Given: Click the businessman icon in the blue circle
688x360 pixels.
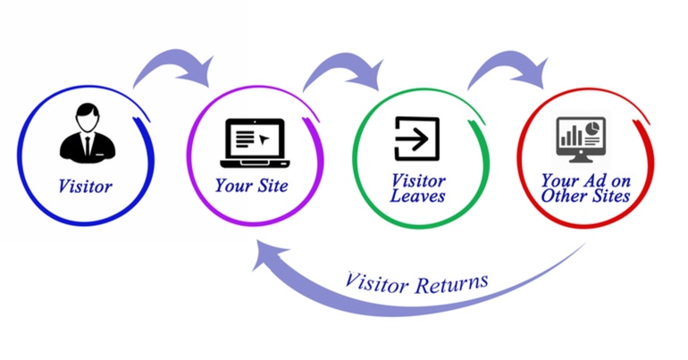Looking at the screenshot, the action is point(88,133).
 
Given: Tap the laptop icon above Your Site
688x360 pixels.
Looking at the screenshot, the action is point(255,143).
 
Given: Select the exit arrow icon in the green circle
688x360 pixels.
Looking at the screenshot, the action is point(416,138).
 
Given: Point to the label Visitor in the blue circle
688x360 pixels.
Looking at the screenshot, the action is point(85,187).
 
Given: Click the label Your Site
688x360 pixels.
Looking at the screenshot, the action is point(251,186).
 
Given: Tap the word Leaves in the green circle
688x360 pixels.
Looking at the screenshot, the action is point(417,196).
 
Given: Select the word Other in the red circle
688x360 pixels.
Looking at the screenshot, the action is point(564,196).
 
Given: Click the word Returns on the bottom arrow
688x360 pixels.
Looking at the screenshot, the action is point(452,284).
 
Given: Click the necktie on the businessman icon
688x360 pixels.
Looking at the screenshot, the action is point(88,146).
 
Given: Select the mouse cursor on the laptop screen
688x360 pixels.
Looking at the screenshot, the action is point(264,139).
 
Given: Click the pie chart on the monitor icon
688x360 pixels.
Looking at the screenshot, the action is point(593,128).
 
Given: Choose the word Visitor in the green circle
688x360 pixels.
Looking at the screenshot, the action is point(418,180).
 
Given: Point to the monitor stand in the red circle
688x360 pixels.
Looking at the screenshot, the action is point(581,159).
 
